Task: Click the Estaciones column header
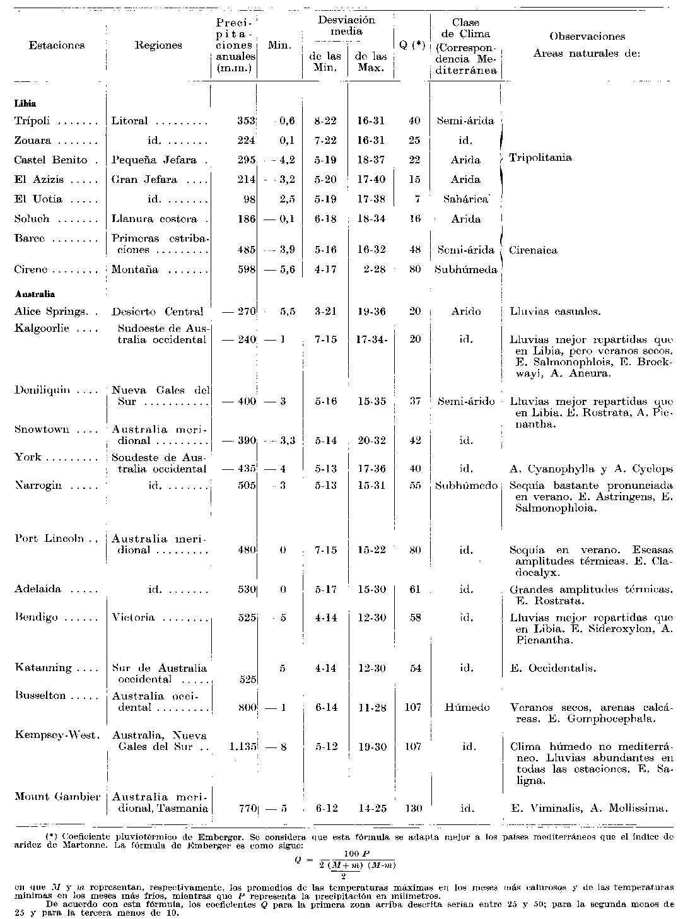(57, 45)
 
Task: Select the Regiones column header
(158, 45)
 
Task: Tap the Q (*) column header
(412, 45)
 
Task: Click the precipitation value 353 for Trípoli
(245, 120)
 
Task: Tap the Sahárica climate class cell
(465, 199)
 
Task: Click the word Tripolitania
(540, 158)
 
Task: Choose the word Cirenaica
(533, 250)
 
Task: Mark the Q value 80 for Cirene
(414, 270)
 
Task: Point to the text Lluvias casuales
(555, 312)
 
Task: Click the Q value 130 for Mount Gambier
(413, 808)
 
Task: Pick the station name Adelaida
(38, 589)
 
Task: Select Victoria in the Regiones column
(133, 618)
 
